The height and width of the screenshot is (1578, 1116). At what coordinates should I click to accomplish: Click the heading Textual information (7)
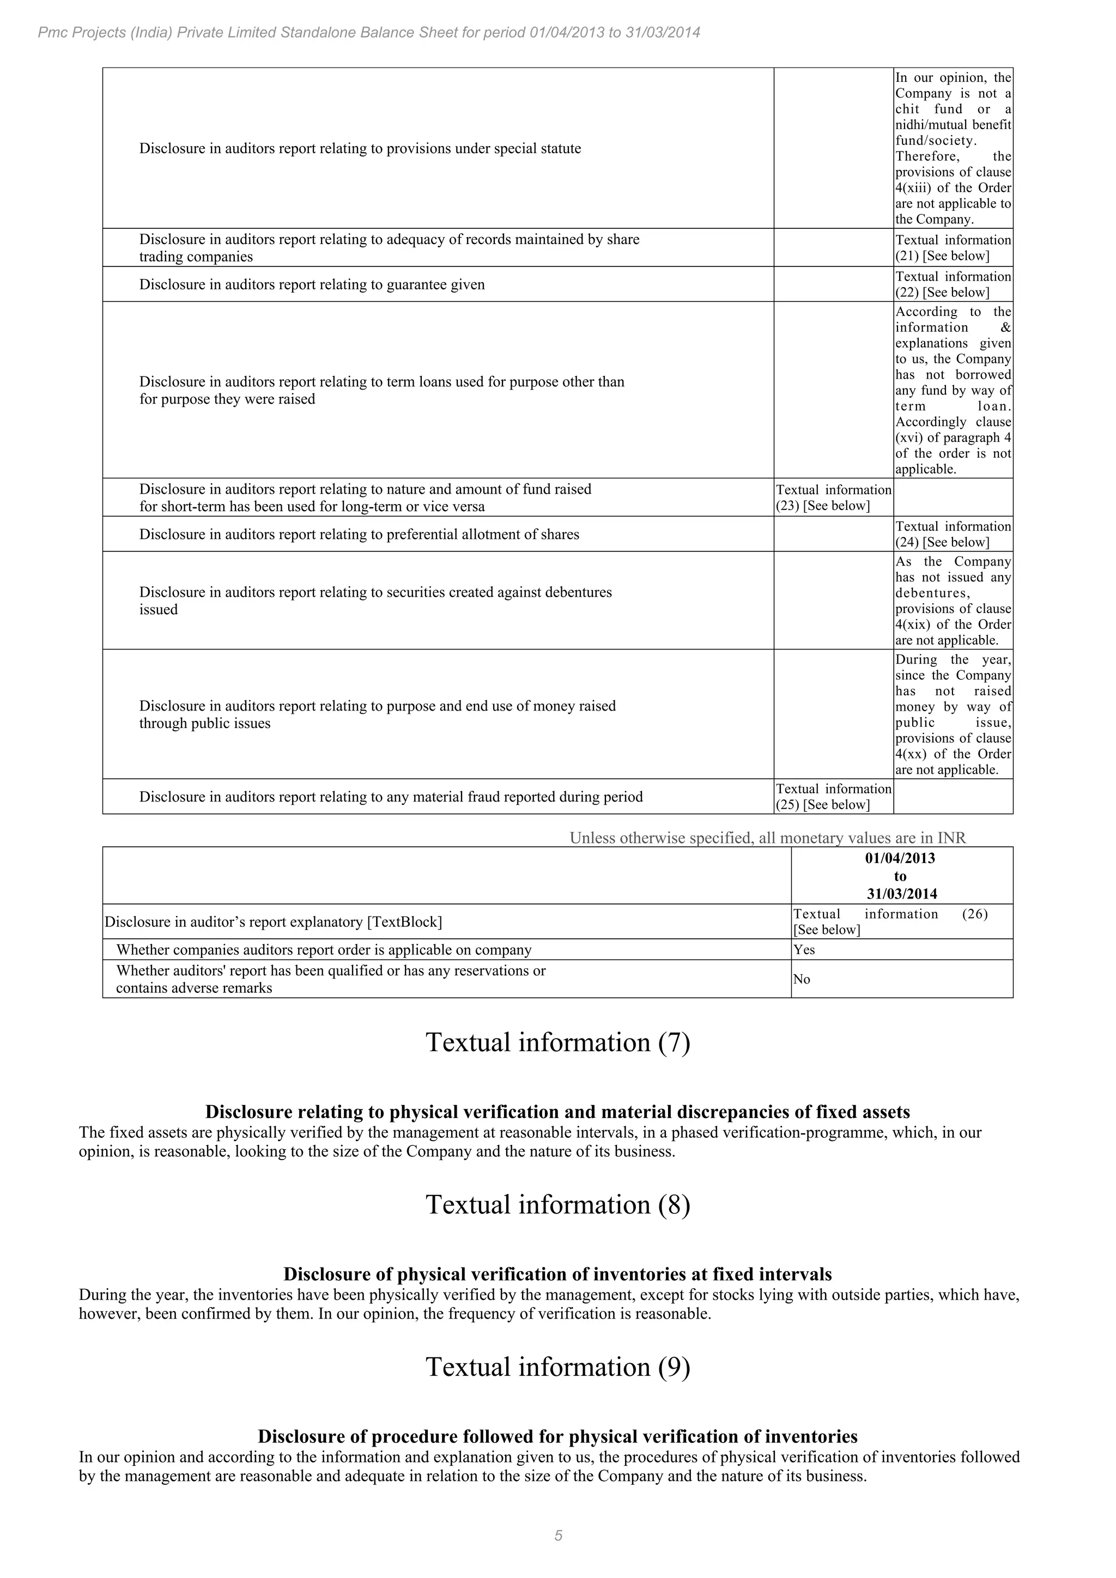point(557,1042)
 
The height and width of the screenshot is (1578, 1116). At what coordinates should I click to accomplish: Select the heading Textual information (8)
point(557,1204)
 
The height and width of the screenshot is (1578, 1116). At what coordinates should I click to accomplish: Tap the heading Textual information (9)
point(557,1367)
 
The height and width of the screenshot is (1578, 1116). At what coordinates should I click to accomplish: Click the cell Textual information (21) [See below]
point(953,247)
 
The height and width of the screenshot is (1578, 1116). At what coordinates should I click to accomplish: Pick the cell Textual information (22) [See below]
point(953,284)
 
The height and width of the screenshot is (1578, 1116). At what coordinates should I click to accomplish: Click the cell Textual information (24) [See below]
point(953,534)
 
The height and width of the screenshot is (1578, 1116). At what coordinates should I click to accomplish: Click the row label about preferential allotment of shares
point(359,534)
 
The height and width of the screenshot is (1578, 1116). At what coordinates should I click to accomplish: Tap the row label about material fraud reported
point(390,797)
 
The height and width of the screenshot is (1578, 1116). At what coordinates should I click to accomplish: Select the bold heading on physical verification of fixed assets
point(557,1112)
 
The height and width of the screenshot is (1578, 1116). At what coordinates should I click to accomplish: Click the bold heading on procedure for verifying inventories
point(557,1436)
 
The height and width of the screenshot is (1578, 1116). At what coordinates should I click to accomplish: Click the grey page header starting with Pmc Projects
point(368,32)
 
